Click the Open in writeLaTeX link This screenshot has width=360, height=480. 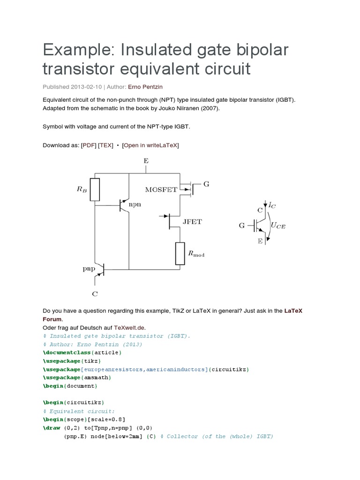pos(150,145)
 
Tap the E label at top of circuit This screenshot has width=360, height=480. pos(146,161)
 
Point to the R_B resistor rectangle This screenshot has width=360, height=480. pos(95,189)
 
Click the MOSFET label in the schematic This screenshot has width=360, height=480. pos(161,189)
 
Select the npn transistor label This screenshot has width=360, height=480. pos(135,205)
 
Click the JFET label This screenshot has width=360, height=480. pos(192,222)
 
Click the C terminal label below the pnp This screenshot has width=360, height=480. pos(95,294)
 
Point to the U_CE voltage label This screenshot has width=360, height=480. pos(278,225)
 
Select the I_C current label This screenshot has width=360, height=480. pos(272,205)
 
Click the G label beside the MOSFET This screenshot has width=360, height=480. pos(206,184)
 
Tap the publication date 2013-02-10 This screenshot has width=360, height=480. pos(86,87)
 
